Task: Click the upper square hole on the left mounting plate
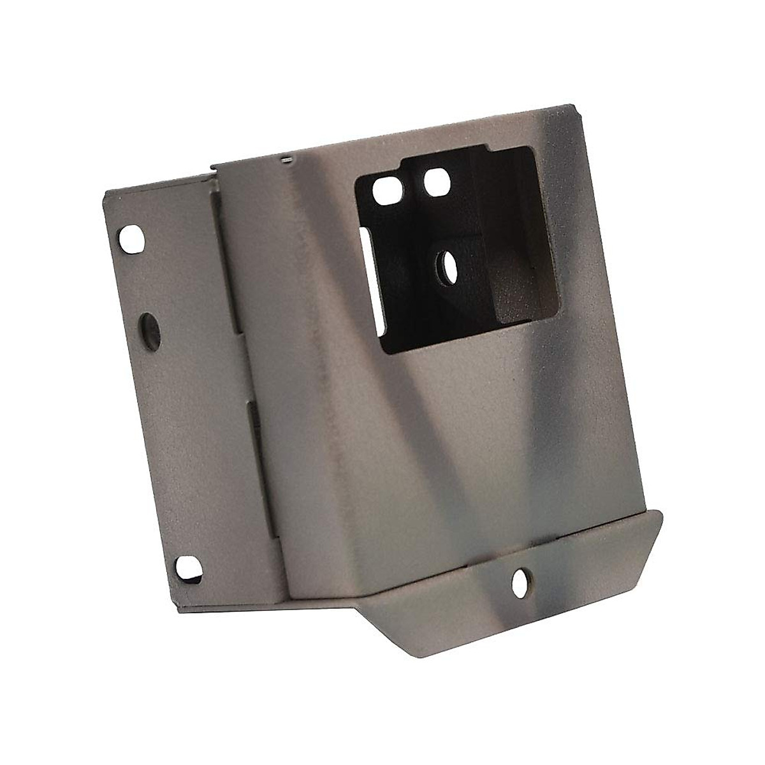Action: point(131,238)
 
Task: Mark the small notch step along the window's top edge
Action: point(489,150)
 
